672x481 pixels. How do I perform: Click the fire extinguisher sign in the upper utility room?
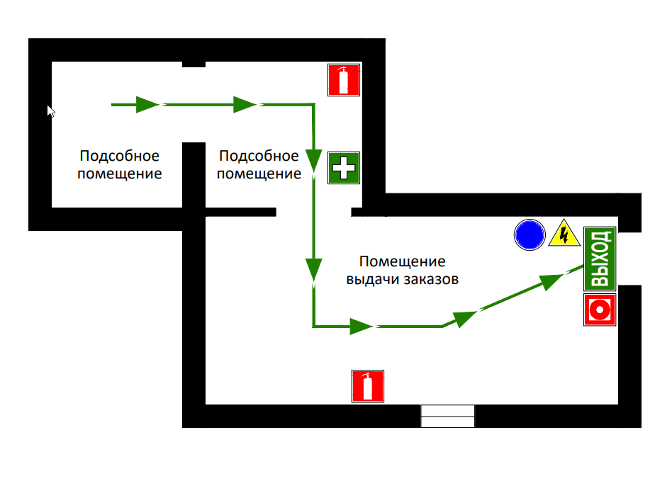pos(344,80)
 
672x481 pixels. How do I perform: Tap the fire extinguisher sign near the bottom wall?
pos(368,386)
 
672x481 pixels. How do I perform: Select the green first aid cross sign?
pos(344,167)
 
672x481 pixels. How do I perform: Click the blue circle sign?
pos(530,234)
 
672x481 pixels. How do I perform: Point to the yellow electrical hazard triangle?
pos(564,234)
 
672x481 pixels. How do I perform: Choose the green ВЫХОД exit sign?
pos(600,259)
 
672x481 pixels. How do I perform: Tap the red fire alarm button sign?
pos(600,310)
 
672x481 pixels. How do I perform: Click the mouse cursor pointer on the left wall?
pos(51,111)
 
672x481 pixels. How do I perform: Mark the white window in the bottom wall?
pos(447,416)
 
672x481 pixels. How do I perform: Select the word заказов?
pos(431,279)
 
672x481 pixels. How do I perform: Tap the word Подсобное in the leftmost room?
pos(120,156)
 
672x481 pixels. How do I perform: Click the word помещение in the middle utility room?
pos(259,174)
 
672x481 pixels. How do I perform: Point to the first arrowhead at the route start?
pos(147,105)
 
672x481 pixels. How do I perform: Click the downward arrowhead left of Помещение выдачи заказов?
pos(314,270)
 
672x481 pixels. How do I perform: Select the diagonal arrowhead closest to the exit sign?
pos(551,282)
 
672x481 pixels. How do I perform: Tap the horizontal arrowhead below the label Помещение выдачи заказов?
pos(362,327)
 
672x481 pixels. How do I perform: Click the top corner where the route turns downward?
pos(314,104)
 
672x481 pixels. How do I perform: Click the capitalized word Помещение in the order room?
pos(403,261)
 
